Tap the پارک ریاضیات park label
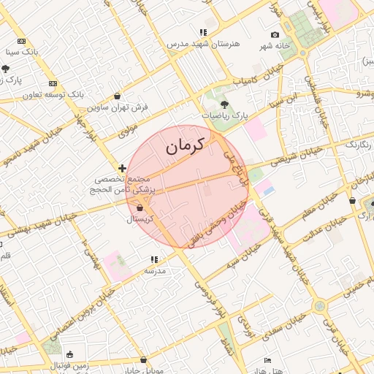coord(225,115)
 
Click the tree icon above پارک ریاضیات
coord(224,104)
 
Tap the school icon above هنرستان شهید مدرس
coord(203,33)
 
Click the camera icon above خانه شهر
coord(275,35)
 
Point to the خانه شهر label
coord(275,46)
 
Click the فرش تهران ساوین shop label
coord(118,107)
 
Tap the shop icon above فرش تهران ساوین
coord(118,96)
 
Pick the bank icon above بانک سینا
coord(21,42)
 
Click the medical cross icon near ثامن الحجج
coord(122,169)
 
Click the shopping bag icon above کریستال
coord(140,207)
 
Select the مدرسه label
coord(155,270)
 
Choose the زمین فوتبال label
coord(71,365)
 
